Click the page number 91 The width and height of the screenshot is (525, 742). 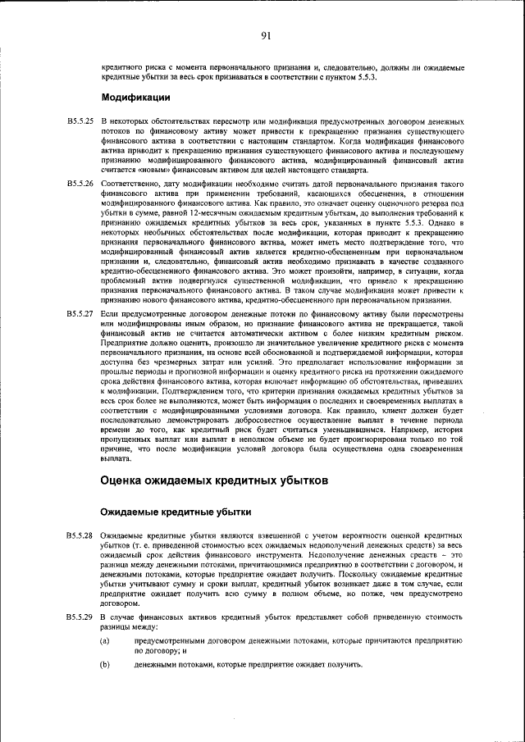266,34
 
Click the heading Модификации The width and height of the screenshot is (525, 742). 135,98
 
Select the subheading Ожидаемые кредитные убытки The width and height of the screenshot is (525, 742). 176,512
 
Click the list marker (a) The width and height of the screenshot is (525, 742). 104,639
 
